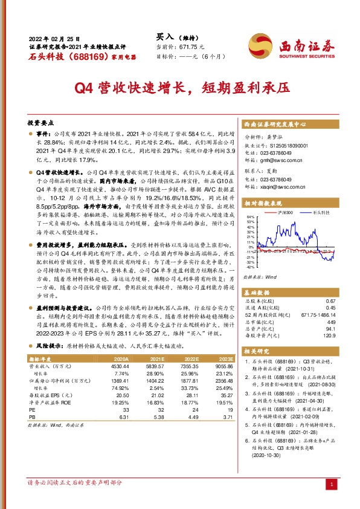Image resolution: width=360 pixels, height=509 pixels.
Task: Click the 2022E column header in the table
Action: point(190,358)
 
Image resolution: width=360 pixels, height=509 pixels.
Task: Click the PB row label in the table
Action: point(33,416)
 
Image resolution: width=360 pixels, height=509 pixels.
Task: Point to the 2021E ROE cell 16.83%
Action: point(153,401)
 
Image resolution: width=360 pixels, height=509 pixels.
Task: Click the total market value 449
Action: point(330,322)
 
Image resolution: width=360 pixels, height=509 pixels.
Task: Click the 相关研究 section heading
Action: point(257,351)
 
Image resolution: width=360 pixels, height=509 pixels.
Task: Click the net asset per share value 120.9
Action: point(329,336)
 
